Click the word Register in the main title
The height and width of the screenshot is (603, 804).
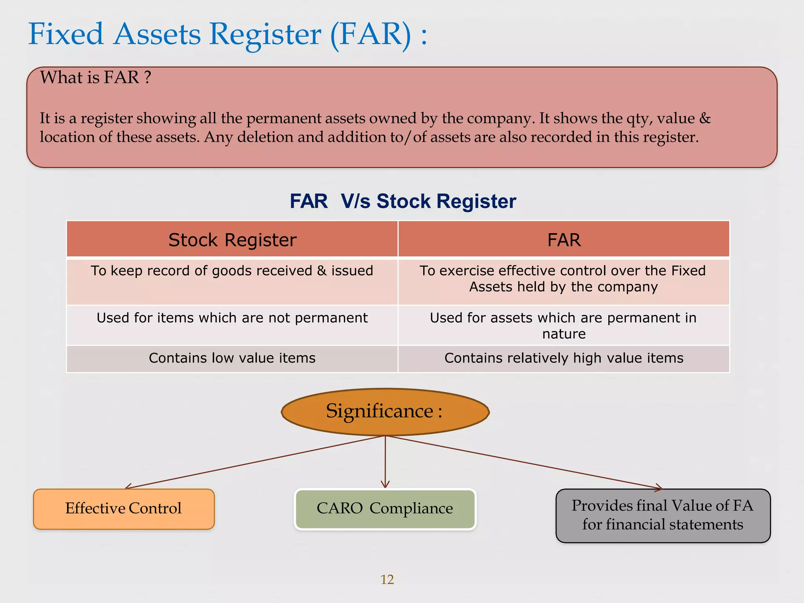coord(265,35)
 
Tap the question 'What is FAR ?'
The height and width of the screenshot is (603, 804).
coord(95,77)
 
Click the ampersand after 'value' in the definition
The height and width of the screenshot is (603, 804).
coord(705,118)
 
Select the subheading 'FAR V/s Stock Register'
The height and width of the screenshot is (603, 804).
coord(403,201)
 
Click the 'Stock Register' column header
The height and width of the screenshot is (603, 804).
coord(232,240)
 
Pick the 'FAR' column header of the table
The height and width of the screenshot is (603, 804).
coord(564,240)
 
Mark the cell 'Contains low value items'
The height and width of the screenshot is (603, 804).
coord(232,358)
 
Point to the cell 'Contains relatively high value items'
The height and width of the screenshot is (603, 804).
coord(564,358)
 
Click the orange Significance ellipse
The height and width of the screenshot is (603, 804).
coord(385,411)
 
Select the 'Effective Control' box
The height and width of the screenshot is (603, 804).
coord(124,509)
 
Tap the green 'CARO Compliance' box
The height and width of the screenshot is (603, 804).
coord(385,509)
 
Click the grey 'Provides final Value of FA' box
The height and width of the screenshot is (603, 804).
coord(663,515)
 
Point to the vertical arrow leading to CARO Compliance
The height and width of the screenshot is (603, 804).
coord(385,461)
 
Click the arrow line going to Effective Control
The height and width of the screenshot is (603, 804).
coord(255,462)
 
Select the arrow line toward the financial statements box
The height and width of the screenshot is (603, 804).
coord(522,462)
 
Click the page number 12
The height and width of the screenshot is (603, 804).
coord(387,579)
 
